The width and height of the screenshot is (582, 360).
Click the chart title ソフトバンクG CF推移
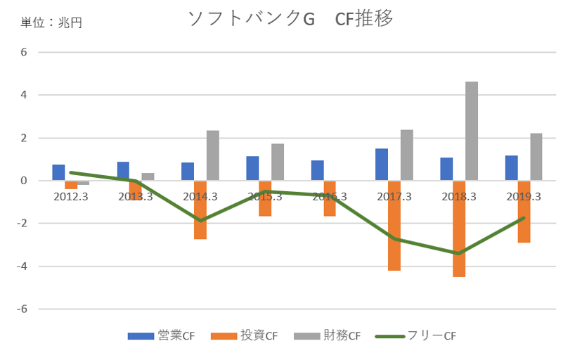[x=290, y=19]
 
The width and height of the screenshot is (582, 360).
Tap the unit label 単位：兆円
[x=51, y=22]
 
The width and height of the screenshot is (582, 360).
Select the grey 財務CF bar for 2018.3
[x=472, y=131]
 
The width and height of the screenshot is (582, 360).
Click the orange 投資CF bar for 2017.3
[x=394, y=225]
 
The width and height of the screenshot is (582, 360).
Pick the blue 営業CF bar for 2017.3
[x=382, y=165]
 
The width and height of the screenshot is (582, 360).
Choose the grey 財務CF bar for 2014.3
[x=213, y=155]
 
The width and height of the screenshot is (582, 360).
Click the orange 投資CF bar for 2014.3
[x=200, y=210]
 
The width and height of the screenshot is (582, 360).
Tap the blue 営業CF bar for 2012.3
[x=58, y=173]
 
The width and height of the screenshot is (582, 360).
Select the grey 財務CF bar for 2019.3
[x=536, y=157]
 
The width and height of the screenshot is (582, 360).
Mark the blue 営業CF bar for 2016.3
[x=317, y=170]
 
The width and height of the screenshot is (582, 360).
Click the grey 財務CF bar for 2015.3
[x=278, y=162]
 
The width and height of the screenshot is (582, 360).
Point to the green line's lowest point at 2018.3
[x=459, y=253]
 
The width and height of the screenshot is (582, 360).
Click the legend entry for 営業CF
[x=161, y=336]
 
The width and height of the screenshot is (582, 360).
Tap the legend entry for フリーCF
[x=420, y=336]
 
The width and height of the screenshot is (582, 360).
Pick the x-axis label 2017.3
[x=394, y=197]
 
